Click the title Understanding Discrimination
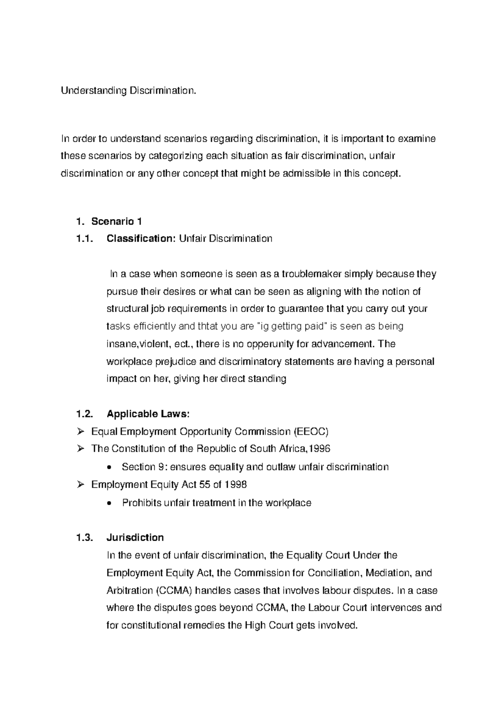128,91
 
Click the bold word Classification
141,238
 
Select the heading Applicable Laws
148,414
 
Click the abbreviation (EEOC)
311,431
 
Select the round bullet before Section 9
110,467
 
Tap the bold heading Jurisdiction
135,537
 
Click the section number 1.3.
84,537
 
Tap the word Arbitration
129,591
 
